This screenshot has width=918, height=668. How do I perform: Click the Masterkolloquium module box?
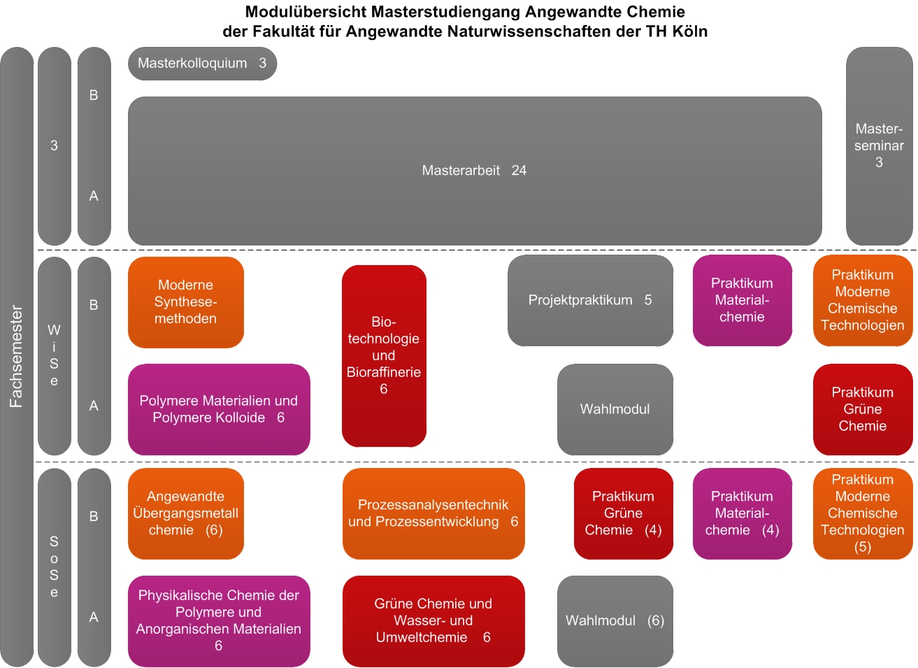203,64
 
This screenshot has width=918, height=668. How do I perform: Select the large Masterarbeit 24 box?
475,171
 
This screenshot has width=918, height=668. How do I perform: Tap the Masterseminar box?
879,146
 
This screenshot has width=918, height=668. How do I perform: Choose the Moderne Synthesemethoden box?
186,302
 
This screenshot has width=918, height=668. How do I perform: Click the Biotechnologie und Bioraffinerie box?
384,356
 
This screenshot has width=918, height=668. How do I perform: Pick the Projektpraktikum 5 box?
590,301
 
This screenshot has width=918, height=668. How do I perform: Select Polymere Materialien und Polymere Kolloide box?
219,409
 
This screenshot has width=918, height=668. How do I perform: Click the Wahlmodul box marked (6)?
615,621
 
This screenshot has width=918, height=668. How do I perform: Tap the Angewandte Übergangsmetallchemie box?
186,513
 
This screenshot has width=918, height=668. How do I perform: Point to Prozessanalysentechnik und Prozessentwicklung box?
433,513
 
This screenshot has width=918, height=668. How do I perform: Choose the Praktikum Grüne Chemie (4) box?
624,513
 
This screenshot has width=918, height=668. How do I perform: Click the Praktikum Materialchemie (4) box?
743,513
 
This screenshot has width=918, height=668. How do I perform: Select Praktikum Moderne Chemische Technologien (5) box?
863,513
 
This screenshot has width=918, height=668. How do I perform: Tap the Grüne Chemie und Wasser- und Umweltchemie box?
433,621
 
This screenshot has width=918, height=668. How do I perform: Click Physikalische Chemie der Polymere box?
219,621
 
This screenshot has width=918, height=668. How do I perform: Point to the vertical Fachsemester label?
16,356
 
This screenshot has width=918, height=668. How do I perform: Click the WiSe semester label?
54,355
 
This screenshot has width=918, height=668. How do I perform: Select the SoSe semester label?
54,567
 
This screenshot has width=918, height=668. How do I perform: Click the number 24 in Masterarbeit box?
519,171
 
